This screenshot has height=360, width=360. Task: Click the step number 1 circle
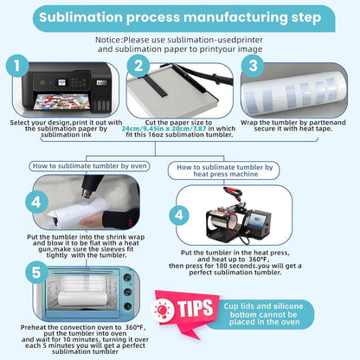click(17, 66)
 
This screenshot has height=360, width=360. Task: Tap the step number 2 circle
click(138, 66)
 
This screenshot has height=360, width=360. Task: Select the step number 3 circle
click(253, 66)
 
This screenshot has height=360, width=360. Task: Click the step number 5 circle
click(36, 273)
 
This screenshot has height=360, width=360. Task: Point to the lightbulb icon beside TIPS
click(163, 311)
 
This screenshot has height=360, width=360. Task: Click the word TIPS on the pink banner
click(195, 308)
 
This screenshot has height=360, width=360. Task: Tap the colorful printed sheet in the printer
click(61, 102)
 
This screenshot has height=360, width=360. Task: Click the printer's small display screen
click(61, 83)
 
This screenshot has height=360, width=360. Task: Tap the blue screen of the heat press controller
click(256, 221)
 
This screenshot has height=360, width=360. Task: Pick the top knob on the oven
click(127, 278)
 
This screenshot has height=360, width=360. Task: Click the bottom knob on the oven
click(127, 306)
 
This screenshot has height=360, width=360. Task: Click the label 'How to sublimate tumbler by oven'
click(89, 166)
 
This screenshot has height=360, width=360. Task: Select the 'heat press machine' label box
click(224, 170)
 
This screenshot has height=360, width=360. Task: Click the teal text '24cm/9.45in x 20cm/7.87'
click(164, 128)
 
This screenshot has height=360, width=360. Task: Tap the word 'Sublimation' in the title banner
click(81, 17)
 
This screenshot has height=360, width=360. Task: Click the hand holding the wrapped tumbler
click(93, 222)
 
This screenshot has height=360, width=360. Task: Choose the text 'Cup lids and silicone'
click(263, 306)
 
